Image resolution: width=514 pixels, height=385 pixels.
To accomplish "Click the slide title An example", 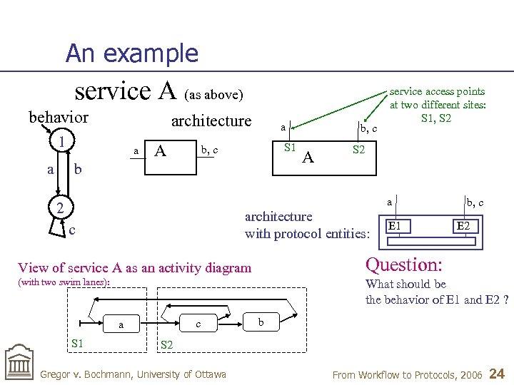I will [131, 53].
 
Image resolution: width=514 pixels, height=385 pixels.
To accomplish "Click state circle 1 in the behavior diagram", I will [63, 141].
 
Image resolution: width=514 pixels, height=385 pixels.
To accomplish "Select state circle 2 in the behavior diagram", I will [61, 208].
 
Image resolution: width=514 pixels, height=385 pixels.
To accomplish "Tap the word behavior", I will [59, 117].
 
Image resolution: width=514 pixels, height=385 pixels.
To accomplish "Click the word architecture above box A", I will [211, 120].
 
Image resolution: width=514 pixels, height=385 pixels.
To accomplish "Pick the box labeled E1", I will [398, 226].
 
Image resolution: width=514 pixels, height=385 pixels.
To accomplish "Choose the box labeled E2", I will [463, 226].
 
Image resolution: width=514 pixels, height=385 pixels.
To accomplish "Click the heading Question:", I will [403, 265].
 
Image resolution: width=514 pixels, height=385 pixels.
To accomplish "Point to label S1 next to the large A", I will [289, 148].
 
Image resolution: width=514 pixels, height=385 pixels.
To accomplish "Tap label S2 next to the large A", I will [358, 150].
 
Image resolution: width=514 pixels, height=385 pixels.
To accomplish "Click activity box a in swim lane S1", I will [121, 324].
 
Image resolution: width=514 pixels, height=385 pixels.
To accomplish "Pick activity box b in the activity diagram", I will [261, 322].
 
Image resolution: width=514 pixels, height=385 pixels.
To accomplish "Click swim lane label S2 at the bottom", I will [166, 344].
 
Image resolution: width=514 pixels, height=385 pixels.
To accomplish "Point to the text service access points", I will [437, 91].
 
